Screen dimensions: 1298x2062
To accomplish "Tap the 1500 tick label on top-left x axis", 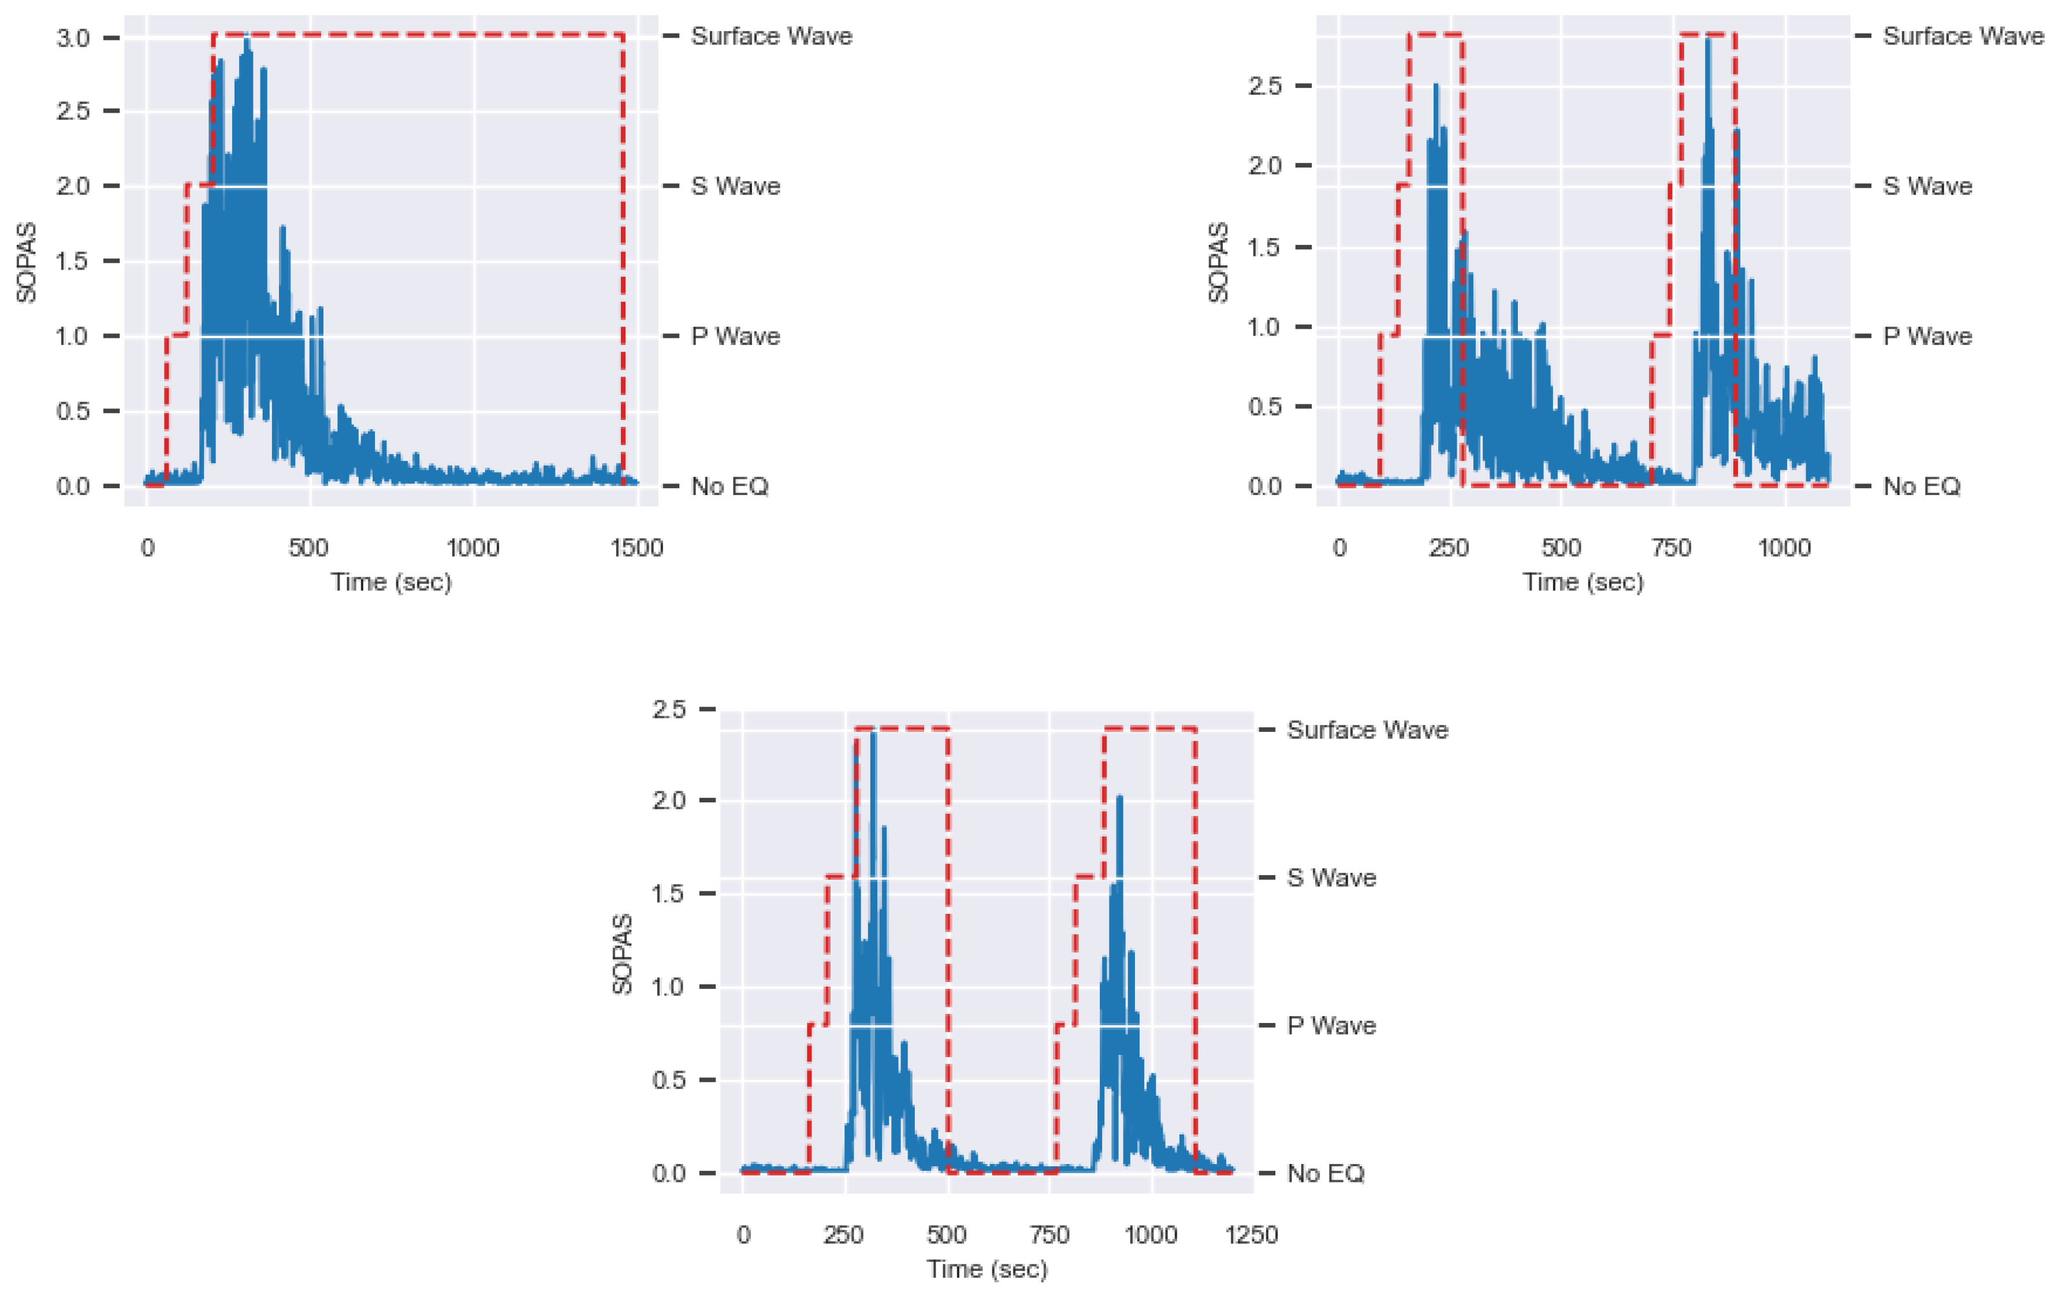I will click(x=637, y=548).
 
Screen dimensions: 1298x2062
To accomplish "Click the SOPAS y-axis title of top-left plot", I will click(x=27, y=262).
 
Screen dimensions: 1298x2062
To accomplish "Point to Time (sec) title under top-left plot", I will click(x=392, y=582).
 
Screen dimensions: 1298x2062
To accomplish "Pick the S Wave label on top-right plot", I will click(x=1927, y=187).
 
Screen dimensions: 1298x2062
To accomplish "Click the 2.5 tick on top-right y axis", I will click(x=1265, y=85).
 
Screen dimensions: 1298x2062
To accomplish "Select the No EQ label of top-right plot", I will click(x=1920, y=486).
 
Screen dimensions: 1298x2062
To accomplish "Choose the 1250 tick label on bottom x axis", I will click(x=1252, y=1234).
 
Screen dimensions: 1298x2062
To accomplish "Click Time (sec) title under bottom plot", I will click(x=987, y=1269).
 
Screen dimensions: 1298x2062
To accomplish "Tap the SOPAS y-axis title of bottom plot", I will click(x=623, y=954).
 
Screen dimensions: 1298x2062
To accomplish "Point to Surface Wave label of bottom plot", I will click(x=1367, y=730).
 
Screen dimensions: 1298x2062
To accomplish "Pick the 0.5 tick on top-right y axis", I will click(x=1265, y=406).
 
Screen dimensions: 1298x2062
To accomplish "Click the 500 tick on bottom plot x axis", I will click(x=947, y=1234).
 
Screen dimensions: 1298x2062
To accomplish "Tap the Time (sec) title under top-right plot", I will click(x=1583, y=582).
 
